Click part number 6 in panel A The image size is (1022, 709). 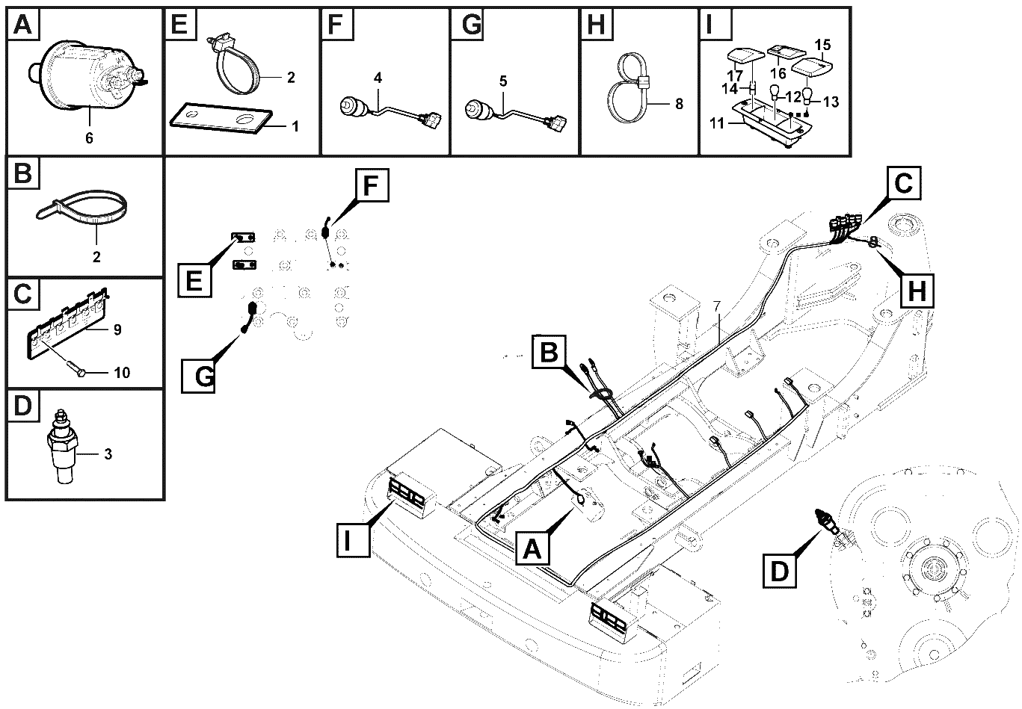click(90, 137)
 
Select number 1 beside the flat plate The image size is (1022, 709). click(295, 126)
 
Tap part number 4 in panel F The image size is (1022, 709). click(378, 78)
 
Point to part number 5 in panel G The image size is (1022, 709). click(503, 81)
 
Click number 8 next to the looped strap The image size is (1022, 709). click(679, 104)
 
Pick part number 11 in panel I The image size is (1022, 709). click(717, 123)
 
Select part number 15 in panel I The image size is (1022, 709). click(822, 45)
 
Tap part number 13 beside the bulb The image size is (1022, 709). click(831, 102)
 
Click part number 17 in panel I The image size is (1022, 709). click(735, 75)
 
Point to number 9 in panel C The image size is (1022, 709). click(117, 329)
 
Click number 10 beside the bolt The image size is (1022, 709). click(122, 373)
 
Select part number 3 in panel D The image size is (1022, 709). click(108, 454)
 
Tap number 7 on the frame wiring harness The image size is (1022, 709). click(717, 307)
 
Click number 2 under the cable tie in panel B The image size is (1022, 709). click(96, 257)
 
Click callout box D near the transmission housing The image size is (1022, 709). click(780, 572)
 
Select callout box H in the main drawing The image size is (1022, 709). click(917, 290)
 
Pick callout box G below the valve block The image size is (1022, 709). click(198, 376)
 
